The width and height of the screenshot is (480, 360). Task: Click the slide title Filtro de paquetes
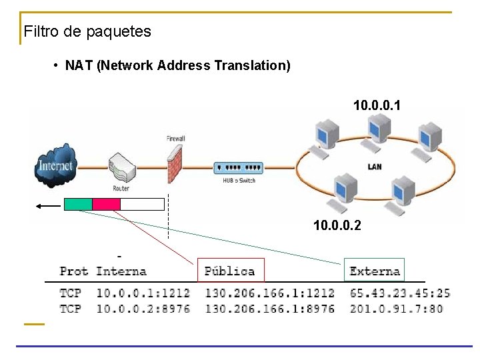click(87, 31)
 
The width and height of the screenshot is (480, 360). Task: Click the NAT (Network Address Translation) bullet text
click(177, 65)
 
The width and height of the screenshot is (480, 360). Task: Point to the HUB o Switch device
click(238, 169)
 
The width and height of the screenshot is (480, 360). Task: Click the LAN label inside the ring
click(375, 166)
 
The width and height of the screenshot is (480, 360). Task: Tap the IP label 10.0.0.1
click(377, 105)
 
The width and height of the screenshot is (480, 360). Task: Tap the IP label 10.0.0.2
click(337, 225)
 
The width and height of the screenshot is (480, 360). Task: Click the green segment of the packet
click(78, 205)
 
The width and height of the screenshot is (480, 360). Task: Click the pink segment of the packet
click(106, 205)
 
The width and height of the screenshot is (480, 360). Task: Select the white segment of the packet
click(142, 205)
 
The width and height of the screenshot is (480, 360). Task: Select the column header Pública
click(230, 271)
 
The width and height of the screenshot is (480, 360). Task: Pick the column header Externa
click(375, 271)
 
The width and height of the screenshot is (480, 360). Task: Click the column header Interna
click(121, 271)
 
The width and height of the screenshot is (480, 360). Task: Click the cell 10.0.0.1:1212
click(143, 293)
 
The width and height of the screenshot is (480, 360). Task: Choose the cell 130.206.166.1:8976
click(269, 309)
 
